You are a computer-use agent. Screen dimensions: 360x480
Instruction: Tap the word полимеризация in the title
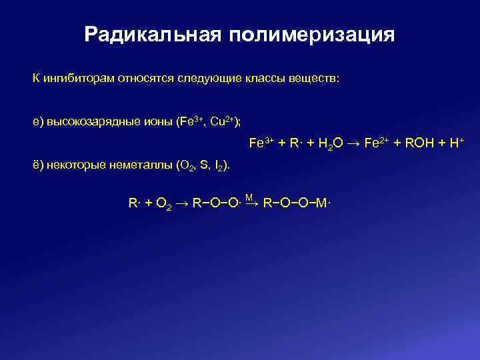pos(313,35)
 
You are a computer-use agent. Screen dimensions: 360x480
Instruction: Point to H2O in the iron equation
pos(327,143)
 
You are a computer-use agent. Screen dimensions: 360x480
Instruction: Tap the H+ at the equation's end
pos(457,143)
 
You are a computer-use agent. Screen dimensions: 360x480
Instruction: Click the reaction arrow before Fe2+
pos(354,143)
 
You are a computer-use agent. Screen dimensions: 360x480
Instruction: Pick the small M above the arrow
pos(248,197)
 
